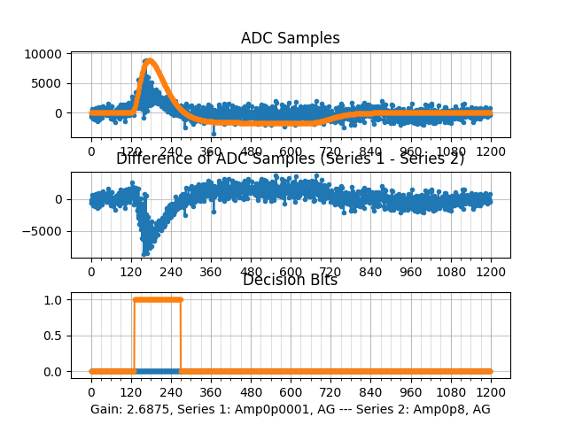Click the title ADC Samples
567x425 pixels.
tap(290, 38)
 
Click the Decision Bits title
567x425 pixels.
tap(290, 281)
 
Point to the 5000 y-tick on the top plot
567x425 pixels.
tap(49, 83)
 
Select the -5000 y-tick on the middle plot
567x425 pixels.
tap(47, 232)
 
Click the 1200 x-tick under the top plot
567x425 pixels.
tap(491, 151)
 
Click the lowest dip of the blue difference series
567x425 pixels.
tap(144, 253)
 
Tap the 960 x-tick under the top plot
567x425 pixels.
tap(411, 151)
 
